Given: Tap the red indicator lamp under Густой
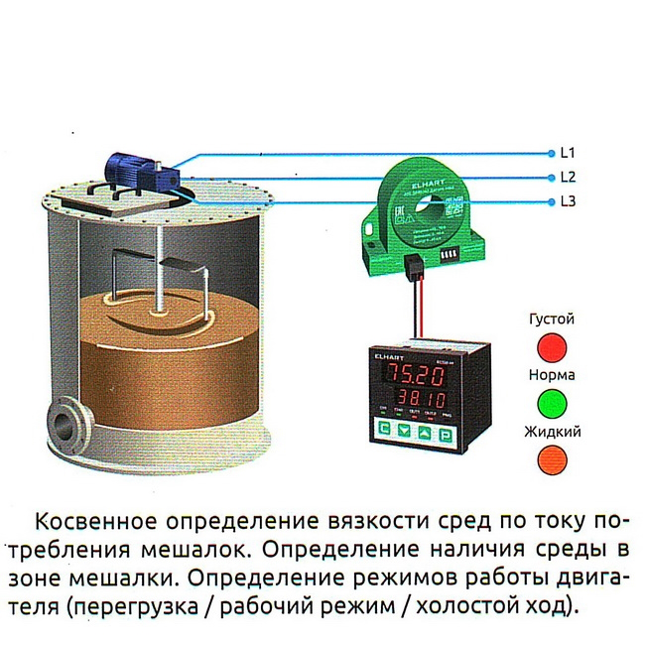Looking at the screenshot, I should (552, 346).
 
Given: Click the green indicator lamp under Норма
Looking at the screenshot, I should (552, 402).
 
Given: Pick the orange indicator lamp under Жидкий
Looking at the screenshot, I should (552, 457).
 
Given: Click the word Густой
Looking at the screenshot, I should (552, 321).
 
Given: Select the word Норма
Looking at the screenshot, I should (552, 376).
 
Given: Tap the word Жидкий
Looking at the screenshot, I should (552, 432).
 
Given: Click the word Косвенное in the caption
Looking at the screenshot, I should (94, 522).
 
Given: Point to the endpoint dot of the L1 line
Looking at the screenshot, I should (552, 153).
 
